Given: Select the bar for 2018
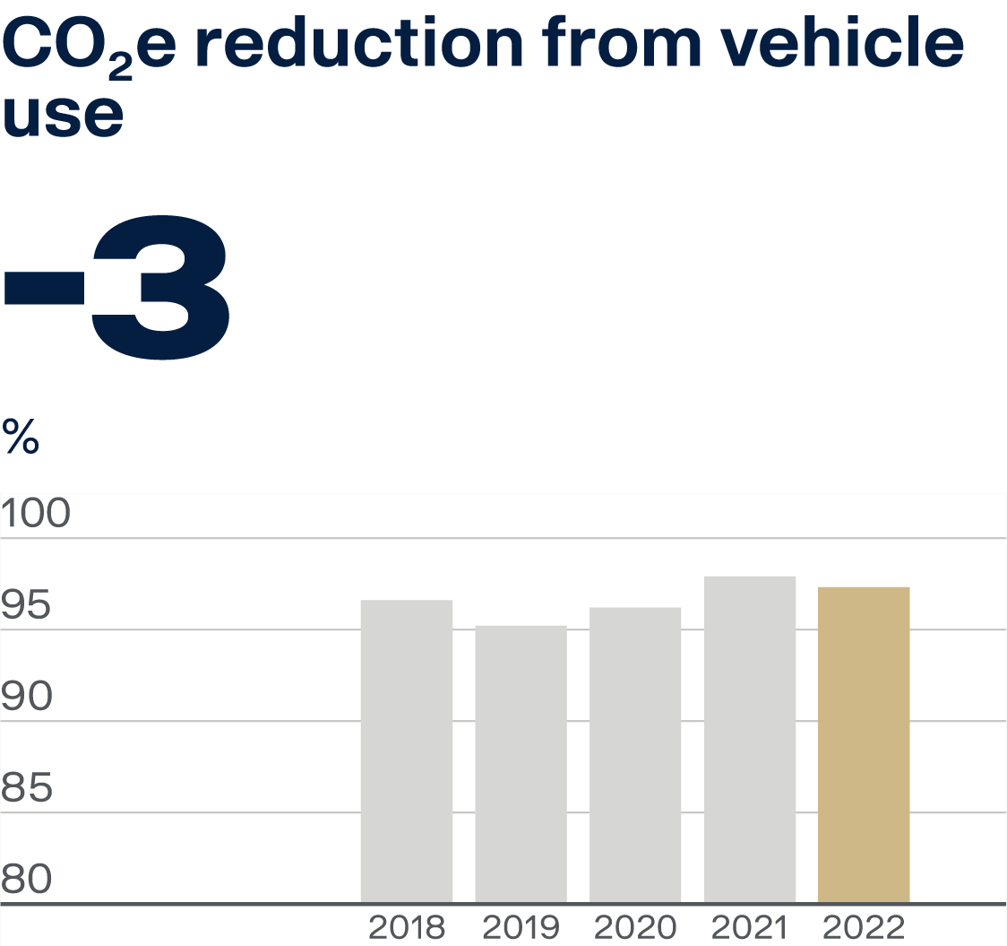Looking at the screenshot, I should (x=406, y=751).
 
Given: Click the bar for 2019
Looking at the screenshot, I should (x=521, y=763).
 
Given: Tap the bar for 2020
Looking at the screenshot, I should (x=635, y=754).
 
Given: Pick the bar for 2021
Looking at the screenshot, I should (x=750, y=739).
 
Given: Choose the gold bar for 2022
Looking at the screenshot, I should (x=864, y=744).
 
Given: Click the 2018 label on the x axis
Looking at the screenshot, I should (x=406, y=927).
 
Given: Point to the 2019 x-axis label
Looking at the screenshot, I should (x=521, y=927).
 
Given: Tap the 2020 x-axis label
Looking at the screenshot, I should (x=635, y=927).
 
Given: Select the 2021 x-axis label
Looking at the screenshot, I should (x=750, y=927).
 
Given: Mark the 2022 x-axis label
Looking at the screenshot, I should (x=864, y=927).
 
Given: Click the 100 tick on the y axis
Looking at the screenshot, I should (x=35, y=515).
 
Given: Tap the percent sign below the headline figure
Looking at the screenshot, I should (x=21, y=437).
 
